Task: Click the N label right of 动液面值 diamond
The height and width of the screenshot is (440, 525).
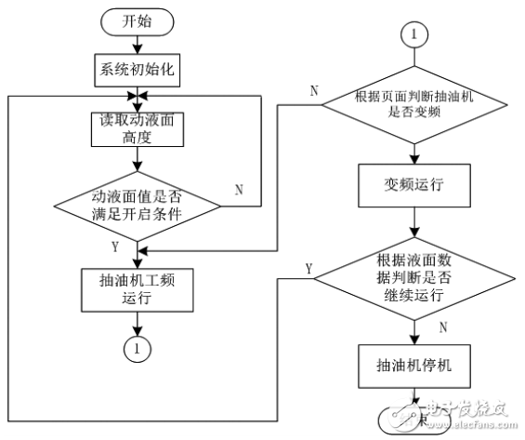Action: (x=239, y=189)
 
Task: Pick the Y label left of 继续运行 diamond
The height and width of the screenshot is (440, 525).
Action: (x=308, y=268)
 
